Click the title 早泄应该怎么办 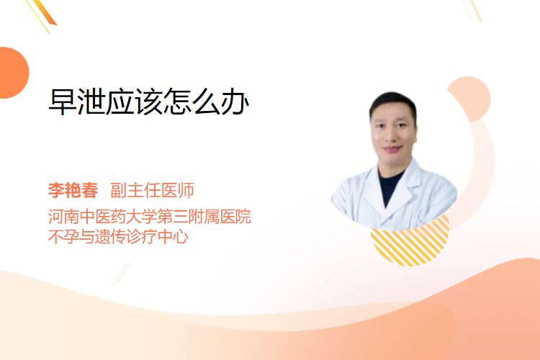tap(149, 102)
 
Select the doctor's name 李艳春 tap(73, 190)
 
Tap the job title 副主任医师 tap(152, 190)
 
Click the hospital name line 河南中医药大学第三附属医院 tap(150, 217)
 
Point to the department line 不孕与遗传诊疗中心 tap(119, 237)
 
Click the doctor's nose tap(393, 137)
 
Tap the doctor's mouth tap(393, 149)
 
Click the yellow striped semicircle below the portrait tap(410, 245)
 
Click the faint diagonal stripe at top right tap(472, 10)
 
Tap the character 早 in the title tap(63, 102)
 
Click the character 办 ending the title tap(235, 102)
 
